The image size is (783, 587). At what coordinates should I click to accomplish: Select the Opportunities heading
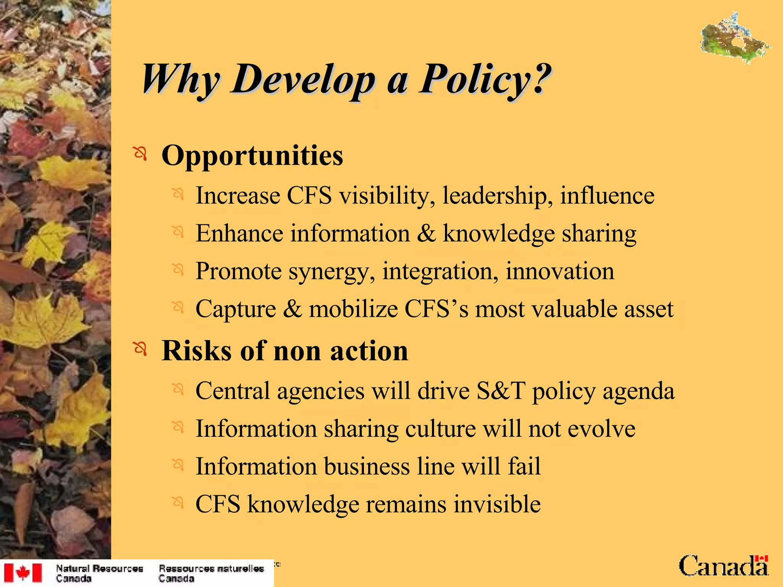252,156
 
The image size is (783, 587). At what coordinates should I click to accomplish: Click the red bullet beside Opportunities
140,154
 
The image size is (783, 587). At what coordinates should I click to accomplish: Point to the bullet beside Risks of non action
140,349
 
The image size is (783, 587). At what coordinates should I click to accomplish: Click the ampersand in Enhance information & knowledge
426,233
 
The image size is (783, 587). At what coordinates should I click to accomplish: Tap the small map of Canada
734,38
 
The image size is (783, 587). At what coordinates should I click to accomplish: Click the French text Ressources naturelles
211,569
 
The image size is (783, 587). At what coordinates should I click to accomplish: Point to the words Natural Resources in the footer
99,569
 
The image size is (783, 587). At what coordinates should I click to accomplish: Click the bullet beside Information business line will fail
178,464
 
